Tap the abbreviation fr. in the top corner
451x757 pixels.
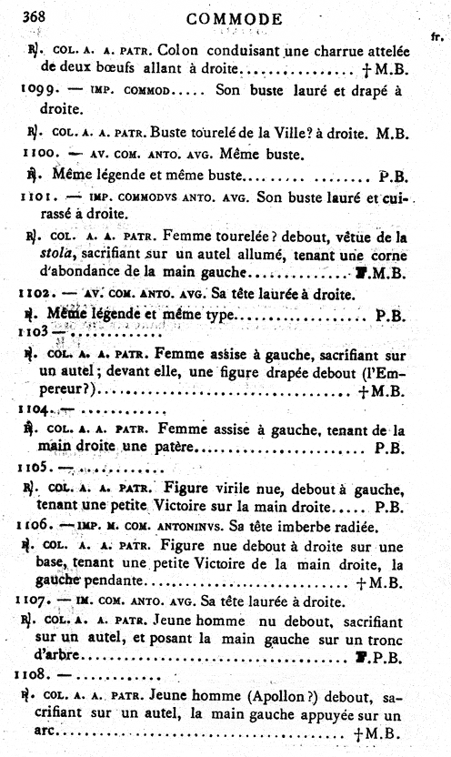[x=436, y=36]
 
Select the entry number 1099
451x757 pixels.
[x=37, y=91]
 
